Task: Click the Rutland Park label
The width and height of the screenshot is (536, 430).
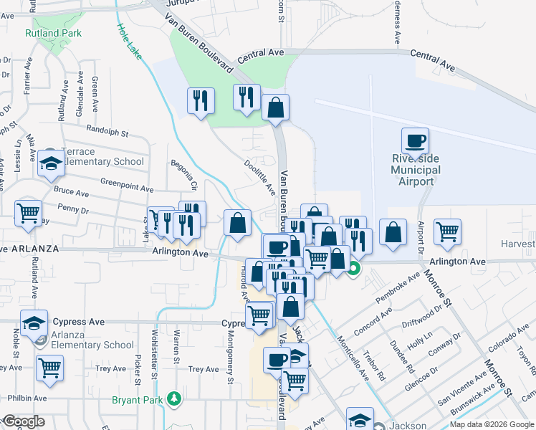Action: tap(54, 33)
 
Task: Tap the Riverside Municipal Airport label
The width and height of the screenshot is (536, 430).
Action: tap(416, 170)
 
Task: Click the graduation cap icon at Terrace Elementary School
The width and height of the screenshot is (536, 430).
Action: tap(52, 165)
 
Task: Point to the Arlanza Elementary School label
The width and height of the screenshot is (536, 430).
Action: tap(92, 345)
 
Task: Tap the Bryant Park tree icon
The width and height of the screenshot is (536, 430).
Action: tap(172, 398)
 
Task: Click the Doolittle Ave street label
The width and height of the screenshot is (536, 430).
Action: tap(262, 176)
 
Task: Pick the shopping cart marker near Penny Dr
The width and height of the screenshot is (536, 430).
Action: tap(29, 212)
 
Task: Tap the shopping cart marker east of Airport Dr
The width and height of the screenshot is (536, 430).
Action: tap(447, 231)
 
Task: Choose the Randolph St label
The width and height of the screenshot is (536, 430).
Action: tap(106, 133)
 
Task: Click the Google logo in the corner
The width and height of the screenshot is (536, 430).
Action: tap(24, 421)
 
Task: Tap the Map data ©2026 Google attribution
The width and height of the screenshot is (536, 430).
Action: tap(491, 424)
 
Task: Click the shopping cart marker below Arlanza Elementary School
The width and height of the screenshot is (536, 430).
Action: tap(50, 368)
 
